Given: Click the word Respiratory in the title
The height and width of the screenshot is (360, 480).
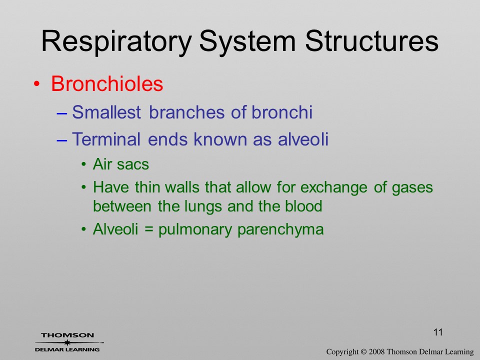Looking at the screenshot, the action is [x=116, y=42].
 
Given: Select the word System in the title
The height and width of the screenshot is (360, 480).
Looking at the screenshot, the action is [x=247, y=42].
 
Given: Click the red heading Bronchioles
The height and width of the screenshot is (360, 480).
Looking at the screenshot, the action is [x=107, y=83].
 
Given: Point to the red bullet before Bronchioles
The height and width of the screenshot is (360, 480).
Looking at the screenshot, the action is [x=36, y=84].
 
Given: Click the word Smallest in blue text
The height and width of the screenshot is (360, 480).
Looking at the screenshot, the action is [x=106, y=112].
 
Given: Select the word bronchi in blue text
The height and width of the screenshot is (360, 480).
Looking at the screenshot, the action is [x=282, y=112].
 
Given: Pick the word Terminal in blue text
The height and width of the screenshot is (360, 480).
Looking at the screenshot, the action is [x=106, y=139].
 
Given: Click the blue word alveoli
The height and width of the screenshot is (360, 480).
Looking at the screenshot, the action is [x=303, y=139].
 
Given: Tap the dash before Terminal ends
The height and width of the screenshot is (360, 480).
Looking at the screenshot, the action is [x=62, y=140].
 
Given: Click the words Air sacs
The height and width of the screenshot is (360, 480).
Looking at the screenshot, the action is [x=121, y=164].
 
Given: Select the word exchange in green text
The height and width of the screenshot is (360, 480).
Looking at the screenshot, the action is [x=333, y=187].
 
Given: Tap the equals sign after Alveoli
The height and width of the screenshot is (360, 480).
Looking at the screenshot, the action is [x=148, y=229].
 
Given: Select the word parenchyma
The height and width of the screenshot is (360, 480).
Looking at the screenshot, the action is [x=280, y=230].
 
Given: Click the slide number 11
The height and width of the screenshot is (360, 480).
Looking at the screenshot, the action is [x=438, y=332].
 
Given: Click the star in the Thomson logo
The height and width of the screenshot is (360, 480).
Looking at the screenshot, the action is [x=67, y=342].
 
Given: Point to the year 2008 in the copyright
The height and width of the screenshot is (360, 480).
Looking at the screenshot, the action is [x=376, y=351].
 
